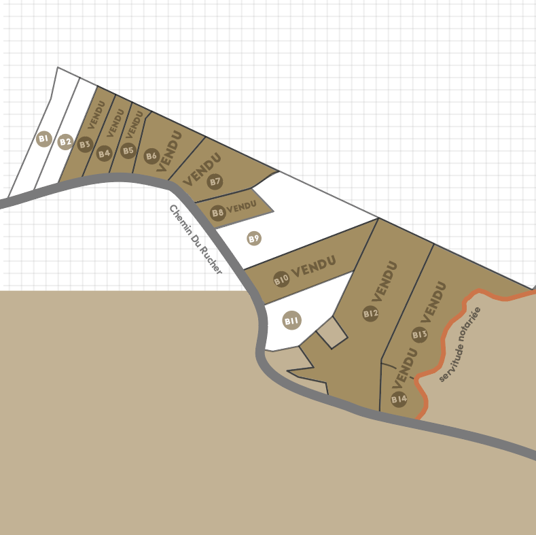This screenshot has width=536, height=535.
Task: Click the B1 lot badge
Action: pos(43,139)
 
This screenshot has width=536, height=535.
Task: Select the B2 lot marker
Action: pos(65,142)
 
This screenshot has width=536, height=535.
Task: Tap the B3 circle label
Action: pos(85,144)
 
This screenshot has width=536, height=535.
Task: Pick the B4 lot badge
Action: pos(104,153)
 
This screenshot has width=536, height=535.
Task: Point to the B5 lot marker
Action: pos(128,151)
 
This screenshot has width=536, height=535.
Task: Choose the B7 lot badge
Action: pos(215,182)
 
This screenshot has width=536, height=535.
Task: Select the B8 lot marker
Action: pos(218,213)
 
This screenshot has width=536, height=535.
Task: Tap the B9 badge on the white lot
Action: pos(254,239)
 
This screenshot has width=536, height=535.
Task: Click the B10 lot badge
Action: pos(281,279)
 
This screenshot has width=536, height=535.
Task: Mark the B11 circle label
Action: pos(292,321)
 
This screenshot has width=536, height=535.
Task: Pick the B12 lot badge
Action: pos(370,313)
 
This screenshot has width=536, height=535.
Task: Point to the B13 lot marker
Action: pos(419,334)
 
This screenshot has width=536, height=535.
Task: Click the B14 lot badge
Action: pos(399,398)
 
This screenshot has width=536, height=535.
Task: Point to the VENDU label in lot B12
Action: pos(384,281)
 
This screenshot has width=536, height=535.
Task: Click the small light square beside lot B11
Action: pos(332,332)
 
